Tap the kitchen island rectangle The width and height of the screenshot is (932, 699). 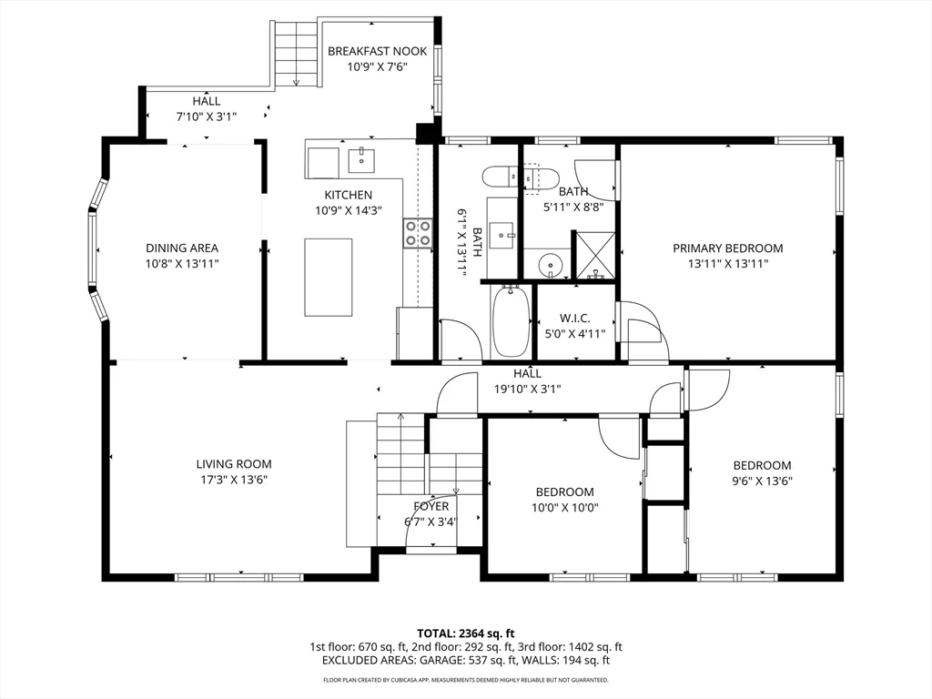(328, 277)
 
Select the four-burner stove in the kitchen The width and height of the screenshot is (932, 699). (419, 233)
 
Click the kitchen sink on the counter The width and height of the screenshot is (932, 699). (362, 159)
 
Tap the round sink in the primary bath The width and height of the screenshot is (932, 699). (549, 267)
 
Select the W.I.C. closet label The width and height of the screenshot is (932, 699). (574, 318)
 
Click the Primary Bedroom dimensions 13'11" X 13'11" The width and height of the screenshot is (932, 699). (727, 264)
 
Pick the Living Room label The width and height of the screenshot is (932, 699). (234, 464)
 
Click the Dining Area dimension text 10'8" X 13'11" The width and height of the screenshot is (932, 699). (182, 263)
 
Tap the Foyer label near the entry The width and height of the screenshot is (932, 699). (431, 506)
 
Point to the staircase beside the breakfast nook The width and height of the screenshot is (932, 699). (295, 53)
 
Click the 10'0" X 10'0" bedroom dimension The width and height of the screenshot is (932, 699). (564, 508)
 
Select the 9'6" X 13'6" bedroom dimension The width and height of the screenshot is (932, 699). (762, 481)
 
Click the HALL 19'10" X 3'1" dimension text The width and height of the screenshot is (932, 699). (527, 389)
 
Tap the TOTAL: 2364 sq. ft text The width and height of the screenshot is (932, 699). (465, 633)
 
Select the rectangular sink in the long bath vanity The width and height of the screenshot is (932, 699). (502, 235)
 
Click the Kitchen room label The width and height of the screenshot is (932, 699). (348, 195)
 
